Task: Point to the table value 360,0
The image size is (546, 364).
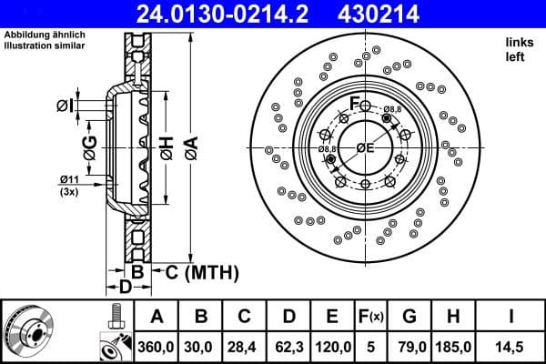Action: tap(157, 347)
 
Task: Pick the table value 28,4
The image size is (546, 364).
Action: tap(245, 347)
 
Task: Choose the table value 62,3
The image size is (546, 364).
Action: tap(288, 347)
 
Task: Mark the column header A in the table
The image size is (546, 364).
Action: tap(157, 318)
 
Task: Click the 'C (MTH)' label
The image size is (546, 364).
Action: tap(201, 271)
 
